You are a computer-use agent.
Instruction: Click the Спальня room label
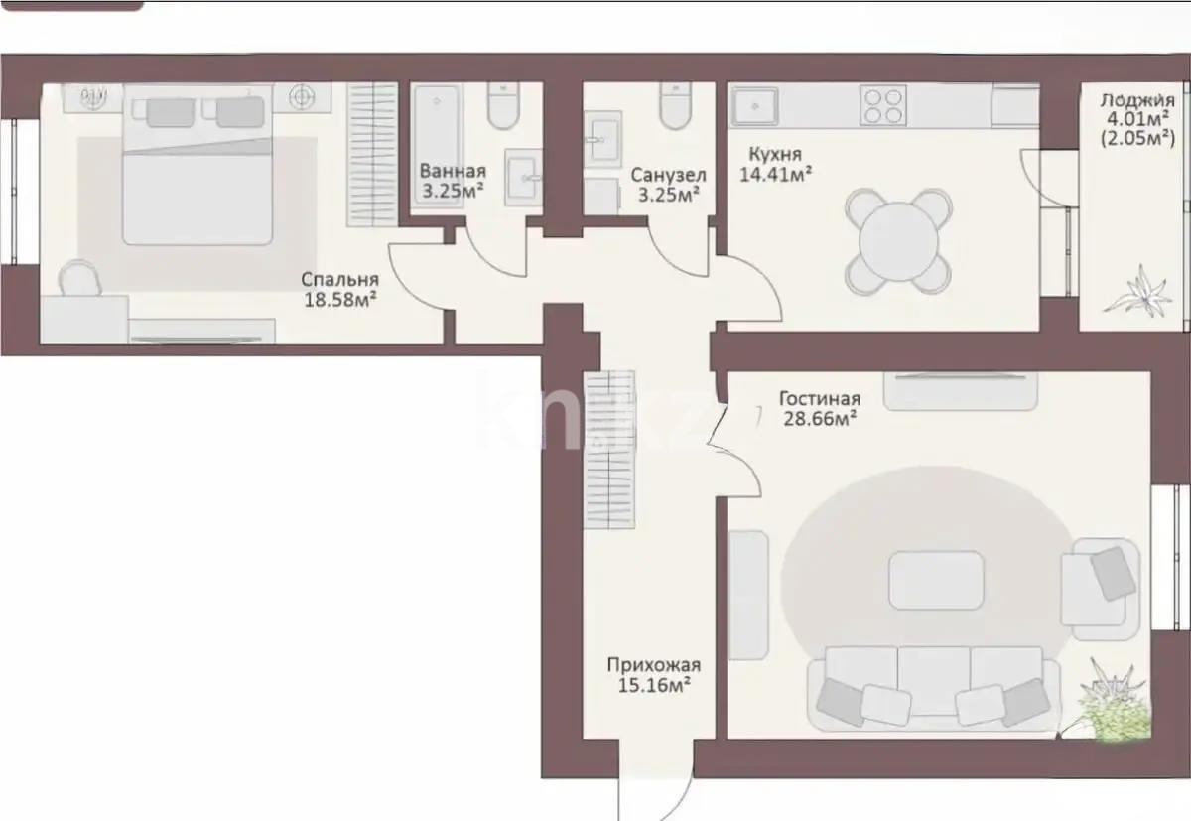pos(337,279)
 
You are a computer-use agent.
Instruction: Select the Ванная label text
pos(452,170)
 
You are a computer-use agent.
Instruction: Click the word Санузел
pos(668,175)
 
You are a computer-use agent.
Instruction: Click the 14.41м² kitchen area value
pos(776,174)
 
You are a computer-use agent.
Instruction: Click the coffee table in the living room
pos(936,580)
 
